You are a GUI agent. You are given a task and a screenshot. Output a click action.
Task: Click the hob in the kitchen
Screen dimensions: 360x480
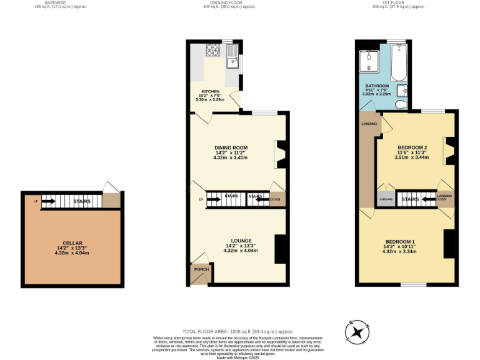(214, 50)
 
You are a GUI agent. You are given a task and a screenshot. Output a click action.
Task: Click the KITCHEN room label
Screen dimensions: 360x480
(209, 91)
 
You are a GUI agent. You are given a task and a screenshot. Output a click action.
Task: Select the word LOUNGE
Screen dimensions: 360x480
(241, 241)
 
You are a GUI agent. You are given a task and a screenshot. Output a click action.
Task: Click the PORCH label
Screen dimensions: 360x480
(201, 269)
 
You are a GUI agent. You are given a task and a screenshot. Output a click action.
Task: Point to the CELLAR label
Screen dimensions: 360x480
(72, 243)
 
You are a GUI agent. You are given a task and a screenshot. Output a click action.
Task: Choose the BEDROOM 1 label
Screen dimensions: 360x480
(400, 242)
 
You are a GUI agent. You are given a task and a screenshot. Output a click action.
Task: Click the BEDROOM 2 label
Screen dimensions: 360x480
(412, 147)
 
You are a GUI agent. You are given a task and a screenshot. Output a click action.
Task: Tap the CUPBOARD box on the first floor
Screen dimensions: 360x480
(386, 199)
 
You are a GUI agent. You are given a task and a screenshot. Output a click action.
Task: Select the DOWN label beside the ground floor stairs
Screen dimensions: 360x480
(276, 199)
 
